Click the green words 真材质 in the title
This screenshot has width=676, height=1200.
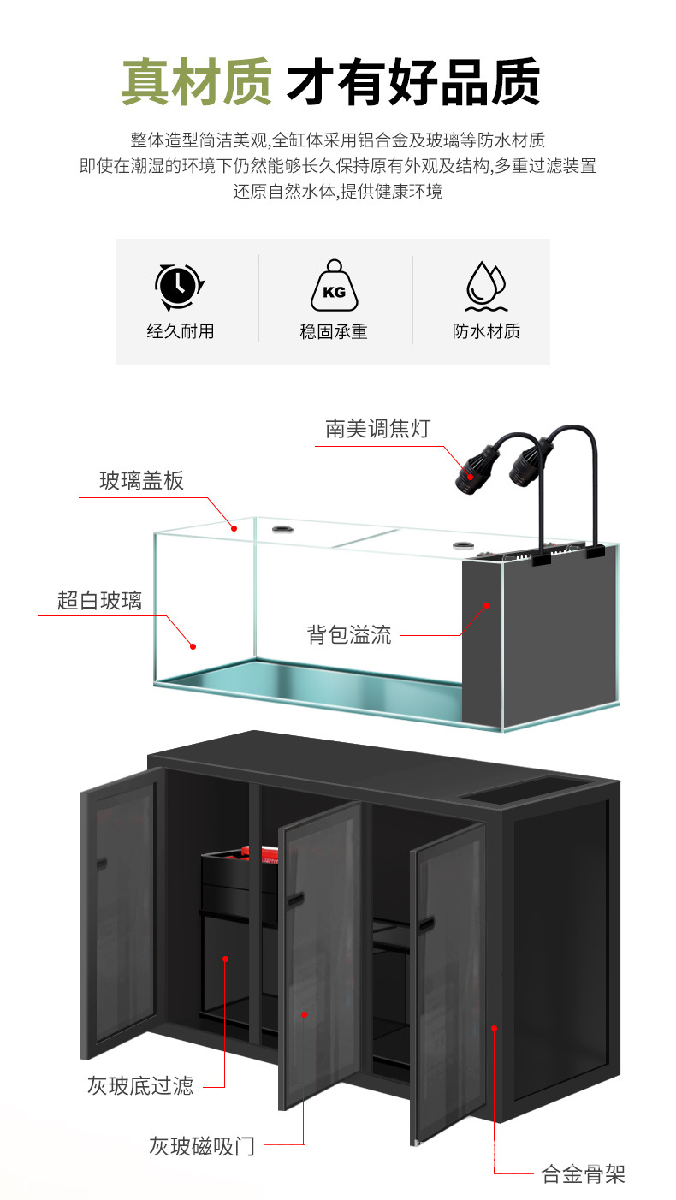pos(196,82)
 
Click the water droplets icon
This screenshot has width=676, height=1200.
pos(485,285)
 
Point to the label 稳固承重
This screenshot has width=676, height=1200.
pos(334,331)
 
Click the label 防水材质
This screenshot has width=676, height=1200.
pos(486,331)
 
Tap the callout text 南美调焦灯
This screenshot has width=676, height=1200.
pos(377,428)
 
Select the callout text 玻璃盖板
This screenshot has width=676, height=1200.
pos(141,481)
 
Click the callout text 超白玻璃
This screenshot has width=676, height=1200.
pos(99,601)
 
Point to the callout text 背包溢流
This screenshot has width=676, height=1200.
pos(349,634)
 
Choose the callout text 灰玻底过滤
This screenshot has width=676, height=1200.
pos(140,1086)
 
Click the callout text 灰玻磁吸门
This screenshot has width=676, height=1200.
pos(202,1145)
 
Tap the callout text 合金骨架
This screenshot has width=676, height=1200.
pos(584,1173)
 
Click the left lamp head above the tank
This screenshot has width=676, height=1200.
pos(470,470)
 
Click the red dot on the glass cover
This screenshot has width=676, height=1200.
pos(234,528)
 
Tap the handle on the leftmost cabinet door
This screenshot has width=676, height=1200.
pos(101,865)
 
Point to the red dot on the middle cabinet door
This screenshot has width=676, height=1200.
pos(305,1013)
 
